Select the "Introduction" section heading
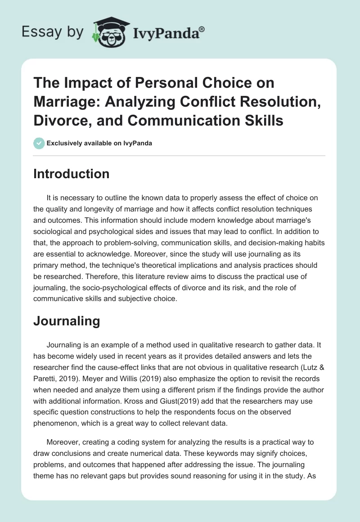pyautogui.click(x=71, y=174)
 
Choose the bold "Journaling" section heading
pyautogui.click(x=66, y=321)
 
